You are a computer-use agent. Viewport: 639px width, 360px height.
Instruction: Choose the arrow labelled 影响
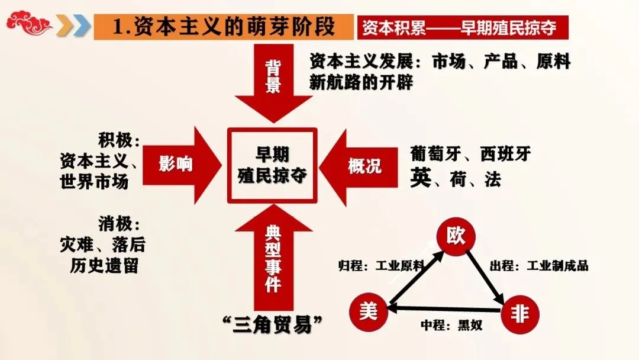point(177,164)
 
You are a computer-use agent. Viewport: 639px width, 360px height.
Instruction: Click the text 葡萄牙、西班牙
point(470,155)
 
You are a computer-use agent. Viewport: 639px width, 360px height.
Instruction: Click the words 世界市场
point(94,181)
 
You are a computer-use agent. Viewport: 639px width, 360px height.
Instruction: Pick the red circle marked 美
point(368,311)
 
